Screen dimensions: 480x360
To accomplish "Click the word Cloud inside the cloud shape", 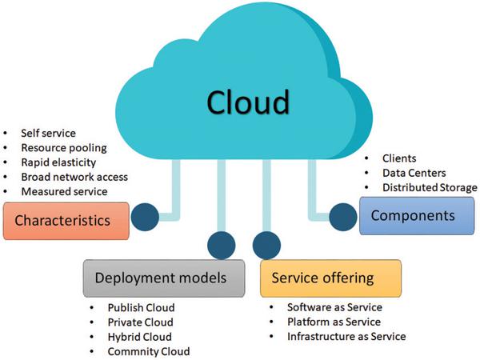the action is (248, 102).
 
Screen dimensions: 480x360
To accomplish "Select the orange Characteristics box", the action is (66, 221).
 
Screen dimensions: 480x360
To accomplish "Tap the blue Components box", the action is (417, 216).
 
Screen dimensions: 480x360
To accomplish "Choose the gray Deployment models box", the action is (164, 278).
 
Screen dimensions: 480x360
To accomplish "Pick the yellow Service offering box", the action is (330, 278).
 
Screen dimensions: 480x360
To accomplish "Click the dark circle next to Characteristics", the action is (145, 217).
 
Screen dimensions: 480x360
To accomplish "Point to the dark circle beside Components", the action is (343, 217).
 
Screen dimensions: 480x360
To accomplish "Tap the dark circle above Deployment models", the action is (222, 246).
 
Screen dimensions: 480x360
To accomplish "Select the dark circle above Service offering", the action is (266, 246).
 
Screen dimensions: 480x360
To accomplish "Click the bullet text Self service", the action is (48, 133).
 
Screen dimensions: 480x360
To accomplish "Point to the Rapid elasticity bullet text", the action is (58, 162).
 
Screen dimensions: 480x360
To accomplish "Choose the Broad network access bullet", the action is (74, 177).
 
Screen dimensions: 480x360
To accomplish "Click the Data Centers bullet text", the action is (414, 173).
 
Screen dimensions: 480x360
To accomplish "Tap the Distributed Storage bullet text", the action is (430, 187).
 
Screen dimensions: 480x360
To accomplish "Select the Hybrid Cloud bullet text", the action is (139, 337).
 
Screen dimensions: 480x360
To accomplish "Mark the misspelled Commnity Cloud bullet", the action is (149, 351).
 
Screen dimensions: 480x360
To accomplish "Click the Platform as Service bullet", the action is (334, 322).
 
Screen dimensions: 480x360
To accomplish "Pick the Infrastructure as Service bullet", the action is (346, 337).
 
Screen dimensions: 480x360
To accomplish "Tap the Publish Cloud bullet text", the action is (141, 308).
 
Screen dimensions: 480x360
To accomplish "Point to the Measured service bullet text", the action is (64, 192).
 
